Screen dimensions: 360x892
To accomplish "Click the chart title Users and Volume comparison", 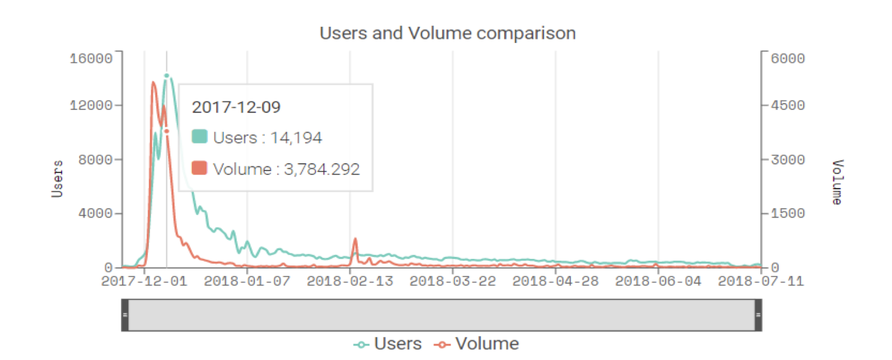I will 447,33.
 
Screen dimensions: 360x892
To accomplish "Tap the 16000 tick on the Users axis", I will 91,59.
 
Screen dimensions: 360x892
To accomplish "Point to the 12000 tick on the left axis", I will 91,105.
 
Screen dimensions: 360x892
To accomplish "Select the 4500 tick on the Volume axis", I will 788,105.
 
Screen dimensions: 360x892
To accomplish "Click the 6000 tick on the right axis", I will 788,59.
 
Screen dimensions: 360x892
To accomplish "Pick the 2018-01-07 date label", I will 247,281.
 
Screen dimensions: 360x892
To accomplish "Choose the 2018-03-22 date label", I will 453,281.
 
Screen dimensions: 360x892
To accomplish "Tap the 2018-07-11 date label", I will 761,281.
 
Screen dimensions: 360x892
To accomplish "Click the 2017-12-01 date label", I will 144,281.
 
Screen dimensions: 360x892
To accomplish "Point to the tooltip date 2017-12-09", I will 236,107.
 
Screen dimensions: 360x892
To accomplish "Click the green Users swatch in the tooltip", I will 200,137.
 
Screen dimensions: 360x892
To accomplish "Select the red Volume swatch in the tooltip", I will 200,168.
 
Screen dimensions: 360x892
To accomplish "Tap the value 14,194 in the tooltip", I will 296,138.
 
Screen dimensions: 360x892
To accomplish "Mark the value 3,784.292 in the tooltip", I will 322,169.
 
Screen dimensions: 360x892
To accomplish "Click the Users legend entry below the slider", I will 388,344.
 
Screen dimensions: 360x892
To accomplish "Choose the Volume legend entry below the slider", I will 477,344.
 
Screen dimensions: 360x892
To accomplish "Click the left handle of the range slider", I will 125,315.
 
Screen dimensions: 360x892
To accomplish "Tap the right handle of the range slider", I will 758,315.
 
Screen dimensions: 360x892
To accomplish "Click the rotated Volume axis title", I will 837,182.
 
